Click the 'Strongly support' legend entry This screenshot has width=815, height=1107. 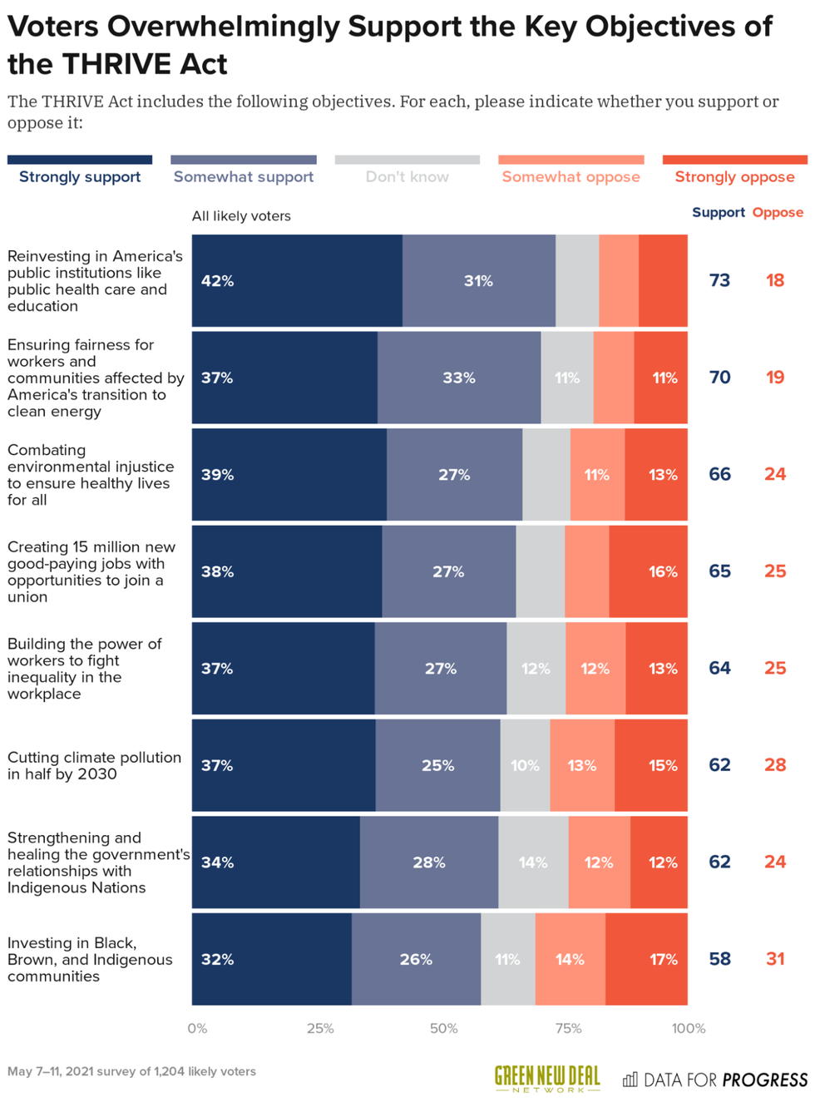(x=80, y=176)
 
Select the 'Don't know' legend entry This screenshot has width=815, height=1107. (x=407, y=176)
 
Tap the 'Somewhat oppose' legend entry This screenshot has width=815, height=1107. (x=570, y=176)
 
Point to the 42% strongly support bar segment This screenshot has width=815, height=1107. (x=297, y=281)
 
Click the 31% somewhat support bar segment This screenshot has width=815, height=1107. (x=478, y=281)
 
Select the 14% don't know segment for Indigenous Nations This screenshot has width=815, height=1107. (x=533, y=862)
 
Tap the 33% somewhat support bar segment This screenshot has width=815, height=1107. (x=459, y=378)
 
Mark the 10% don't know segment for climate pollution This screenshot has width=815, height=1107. (x=525, y=765)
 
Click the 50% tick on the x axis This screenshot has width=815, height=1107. (x=443, y=1028)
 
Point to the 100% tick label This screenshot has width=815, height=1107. (x=688, y=1028)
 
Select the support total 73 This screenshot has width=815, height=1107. (x=719, y=280)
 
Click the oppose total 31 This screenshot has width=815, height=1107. (x=775, y=959)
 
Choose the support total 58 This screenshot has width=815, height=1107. (x=719, y=959)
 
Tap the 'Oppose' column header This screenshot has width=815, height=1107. (x=778, y=212)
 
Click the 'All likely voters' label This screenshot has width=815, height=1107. (x=241, y=216)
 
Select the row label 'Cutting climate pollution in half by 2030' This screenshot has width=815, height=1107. (x=94, y=765)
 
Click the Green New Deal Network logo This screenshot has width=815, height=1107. (x=546, y=1079)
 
